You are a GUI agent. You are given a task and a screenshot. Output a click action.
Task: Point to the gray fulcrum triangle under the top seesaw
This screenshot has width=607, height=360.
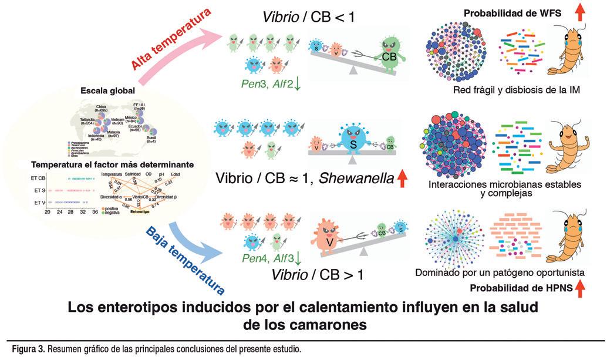[352, 70]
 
